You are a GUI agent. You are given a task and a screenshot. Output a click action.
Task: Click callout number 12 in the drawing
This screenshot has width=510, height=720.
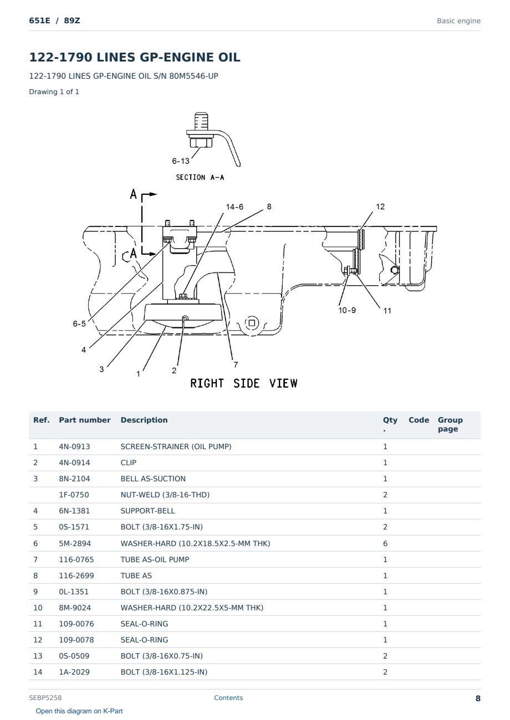click(x=380, y=207)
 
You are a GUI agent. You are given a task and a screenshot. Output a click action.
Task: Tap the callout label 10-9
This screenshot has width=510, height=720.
click(x=347, y=310)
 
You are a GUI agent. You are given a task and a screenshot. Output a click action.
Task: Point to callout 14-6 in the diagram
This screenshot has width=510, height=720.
click(x=234, y=207)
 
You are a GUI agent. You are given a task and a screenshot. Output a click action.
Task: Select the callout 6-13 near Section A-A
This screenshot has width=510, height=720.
click(x=181, y=161)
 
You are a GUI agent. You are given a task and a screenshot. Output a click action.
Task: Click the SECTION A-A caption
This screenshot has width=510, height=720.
click(x=200, y=177)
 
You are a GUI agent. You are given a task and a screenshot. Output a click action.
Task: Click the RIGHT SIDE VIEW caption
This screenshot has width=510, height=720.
click(x=244, y=383)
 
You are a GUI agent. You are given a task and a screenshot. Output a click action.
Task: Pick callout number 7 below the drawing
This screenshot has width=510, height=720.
click(x=236, y=364)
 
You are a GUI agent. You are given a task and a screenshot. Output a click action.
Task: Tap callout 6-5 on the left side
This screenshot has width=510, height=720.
click(x=79, y=323)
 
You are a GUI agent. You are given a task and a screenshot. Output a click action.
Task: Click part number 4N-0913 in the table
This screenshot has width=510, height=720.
click(x=74, y=446)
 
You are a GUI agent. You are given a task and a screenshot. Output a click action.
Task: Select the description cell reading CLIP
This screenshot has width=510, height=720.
click(x=129, y=462)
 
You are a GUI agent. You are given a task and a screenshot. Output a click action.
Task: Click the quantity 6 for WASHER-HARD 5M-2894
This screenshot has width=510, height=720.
click(x=385, y=543)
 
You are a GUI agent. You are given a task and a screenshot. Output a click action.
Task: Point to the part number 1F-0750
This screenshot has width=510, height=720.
click(x=74, y=495)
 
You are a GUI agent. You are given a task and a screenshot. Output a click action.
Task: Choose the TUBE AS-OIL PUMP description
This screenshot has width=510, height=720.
click(x=155, y=559)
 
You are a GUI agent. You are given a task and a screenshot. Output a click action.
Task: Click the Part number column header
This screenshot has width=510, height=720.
click(x=85, y=420)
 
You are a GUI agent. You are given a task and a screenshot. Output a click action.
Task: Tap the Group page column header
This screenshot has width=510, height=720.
click(x=450, y=425)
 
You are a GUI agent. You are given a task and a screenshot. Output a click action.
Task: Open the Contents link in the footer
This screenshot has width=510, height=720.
click(x=228, y=698)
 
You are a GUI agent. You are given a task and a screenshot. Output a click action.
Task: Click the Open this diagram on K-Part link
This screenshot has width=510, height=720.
click(x=79, y=711)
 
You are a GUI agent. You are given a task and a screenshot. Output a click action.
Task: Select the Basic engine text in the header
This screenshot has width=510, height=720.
click(x=458, y=21)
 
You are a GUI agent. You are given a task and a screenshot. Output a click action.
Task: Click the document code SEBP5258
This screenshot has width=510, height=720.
click(x=45, y=698)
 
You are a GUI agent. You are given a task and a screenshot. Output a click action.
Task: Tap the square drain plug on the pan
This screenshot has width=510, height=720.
click(x=252, y=323)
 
